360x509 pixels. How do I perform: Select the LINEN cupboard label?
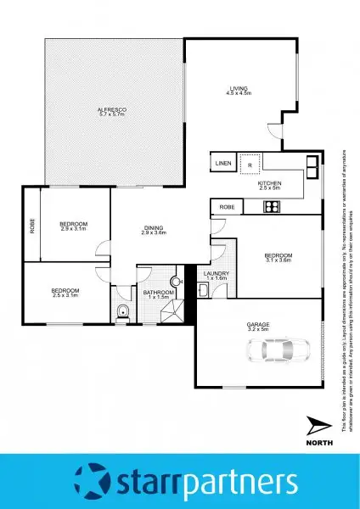(223, 163)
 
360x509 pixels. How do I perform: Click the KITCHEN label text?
(271, 184)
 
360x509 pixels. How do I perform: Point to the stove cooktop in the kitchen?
(273, 206)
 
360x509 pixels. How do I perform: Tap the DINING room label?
(154, 227)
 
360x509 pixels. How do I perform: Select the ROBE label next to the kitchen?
(227, 207)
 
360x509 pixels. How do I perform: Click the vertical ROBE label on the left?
(32, 227)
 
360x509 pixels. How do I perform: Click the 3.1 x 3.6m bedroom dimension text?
(279, 260)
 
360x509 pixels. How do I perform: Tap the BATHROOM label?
(159, 291)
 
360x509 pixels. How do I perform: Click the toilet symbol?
(124, 310)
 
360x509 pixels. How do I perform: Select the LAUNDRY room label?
(217, 273)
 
